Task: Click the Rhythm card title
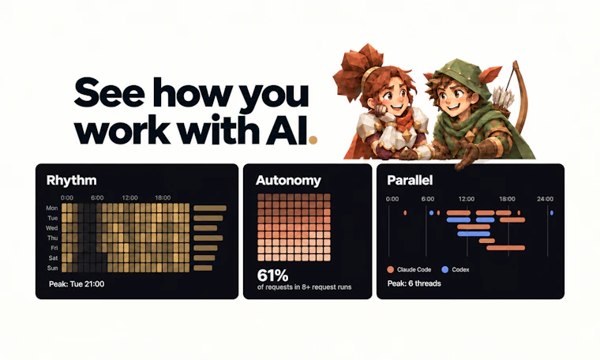(x=71, y=180)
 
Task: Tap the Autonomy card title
(x=288, y=180)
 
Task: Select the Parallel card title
(x=410, y=180)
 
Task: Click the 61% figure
(x=272, y=275)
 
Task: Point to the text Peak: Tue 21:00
(x=77, y=284)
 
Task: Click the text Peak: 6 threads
(x=414, y=283)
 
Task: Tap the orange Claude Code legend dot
(x=390, y=269)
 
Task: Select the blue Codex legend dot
(x=444, y=269)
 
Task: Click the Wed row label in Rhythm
(x=51, y=228)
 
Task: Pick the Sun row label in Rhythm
(x=52, y=268)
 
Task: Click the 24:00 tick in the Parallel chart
(x=545, y=199)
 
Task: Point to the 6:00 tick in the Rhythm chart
(x=97, y=198)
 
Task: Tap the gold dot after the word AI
(x=313, y=140)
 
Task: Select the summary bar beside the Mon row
(x=210, y=208)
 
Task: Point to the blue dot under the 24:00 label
(x=551, y=212)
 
